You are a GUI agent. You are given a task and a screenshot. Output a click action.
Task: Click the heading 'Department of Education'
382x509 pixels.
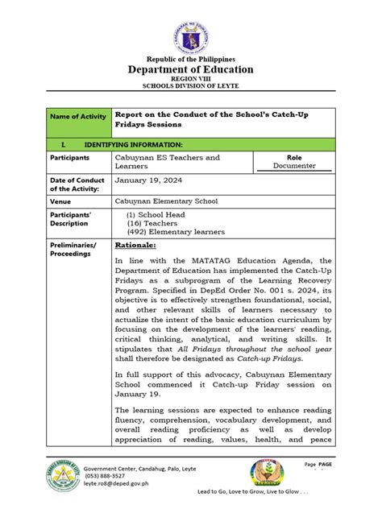[x=191, y=70]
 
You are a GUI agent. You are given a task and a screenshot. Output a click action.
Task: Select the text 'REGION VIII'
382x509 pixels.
[x=191, y=79]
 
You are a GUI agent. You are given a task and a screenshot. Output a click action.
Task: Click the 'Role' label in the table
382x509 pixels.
[x=293, y=158]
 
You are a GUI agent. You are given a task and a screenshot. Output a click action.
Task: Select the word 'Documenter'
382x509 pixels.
[x=293, y=168]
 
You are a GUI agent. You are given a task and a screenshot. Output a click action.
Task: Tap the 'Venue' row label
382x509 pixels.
[x=61, y=201]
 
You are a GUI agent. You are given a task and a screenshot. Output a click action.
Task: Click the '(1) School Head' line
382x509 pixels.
[x=156, y=215]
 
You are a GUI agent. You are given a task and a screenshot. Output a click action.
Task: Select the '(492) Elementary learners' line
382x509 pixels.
[x=176, y=232]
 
